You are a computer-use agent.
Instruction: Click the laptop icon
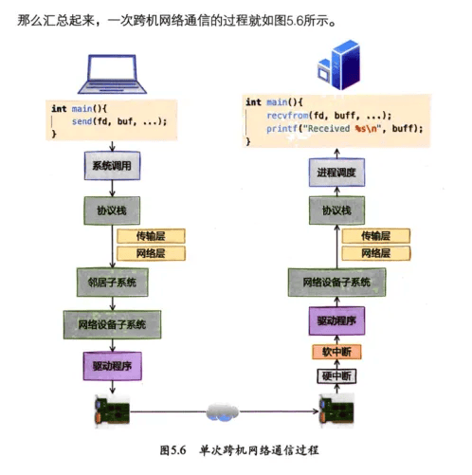click(112, 74)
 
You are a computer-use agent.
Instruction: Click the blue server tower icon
click(339, 64)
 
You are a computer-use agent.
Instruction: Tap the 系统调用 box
click(112, 166)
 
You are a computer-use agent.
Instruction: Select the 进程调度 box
click(336, 173)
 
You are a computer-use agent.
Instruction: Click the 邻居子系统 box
click(113, 283)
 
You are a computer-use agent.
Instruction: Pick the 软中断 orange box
click(336, 352)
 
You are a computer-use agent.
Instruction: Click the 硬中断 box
click(336, 376)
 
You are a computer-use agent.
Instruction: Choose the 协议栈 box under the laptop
click(112, 210)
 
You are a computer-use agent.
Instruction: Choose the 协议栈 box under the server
click(336, 210)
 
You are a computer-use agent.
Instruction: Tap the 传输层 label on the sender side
click(151, 236)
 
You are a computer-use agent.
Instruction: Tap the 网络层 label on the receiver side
click(376, 253)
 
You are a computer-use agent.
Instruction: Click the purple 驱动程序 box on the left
click(113, 366)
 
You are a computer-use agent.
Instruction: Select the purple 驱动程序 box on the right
click(336, 320)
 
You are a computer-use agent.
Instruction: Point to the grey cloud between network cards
click(223, 412)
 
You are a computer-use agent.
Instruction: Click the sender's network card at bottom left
click(112, 411)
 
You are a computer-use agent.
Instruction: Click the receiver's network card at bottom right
click(336, 411)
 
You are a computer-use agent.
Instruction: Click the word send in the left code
click(82, 121)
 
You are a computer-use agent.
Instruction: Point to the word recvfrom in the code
click(287, 116)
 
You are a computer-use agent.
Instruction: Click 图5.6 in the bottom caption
click(173, 450)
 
